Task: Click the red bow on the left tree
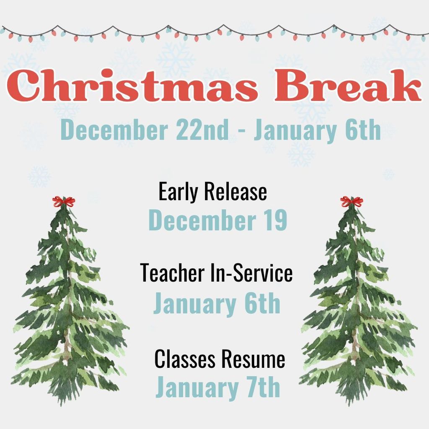coord(64,202)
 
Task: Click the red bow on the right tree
coord(351,202)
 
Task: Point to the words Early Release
coord(212,192)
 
